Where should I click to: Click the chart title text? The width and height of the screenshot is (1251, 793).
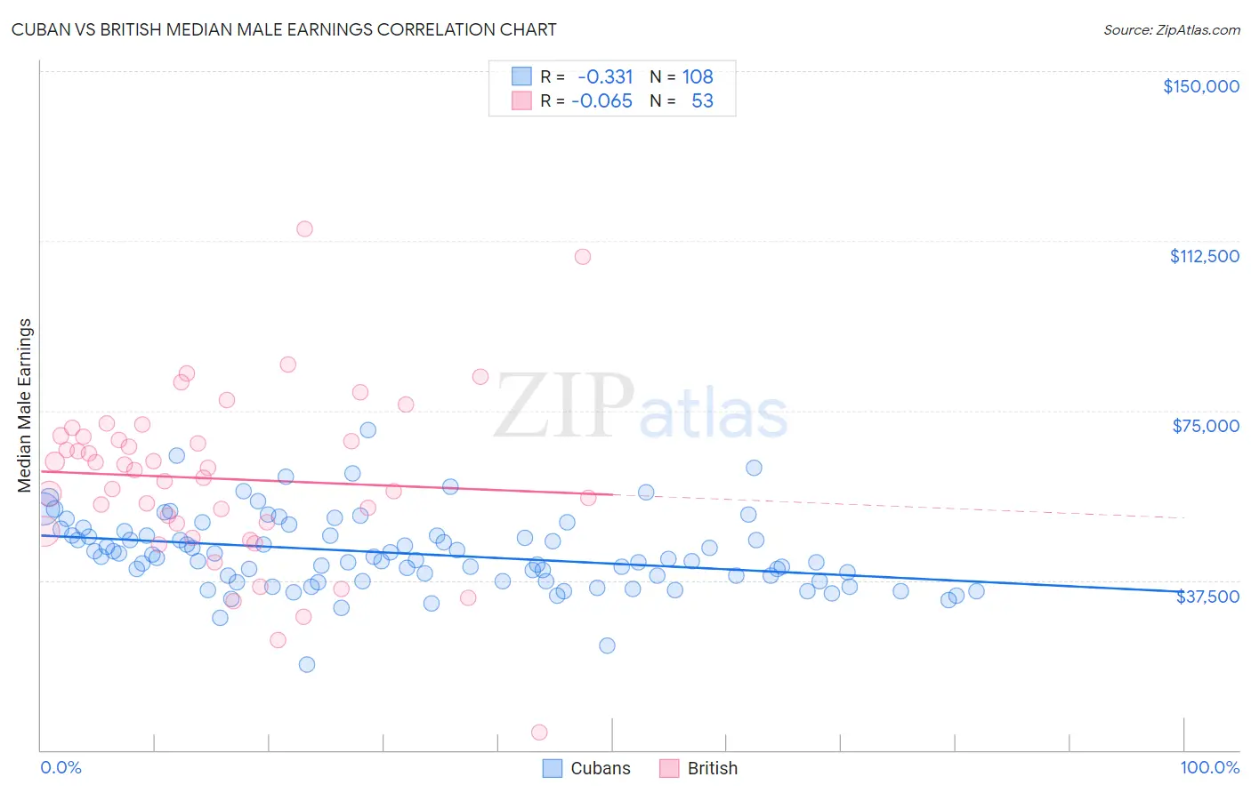pyautogui.click(x=284, y=29)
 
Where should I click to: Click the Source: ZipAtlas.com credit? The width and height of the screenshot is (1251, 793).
pyautogui.click(x=1171, y=29)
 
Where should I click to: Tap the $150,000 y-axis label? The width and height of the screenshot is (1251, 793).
pyautogui.click(x=1200, y=86)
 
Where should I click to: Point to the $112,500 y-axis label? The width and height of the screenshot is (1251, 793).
pyautogui.click(x=1204, y=256)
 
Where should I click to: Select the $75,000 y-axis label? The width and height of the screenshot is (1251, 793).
pyautogui.click(x=1206, y=426)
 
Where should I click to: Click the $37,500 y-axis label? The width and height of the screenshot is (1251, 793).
pyautogui.click(x=1207, y=597)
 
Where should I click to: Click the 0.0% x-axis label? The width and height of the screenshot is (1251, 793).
pyautogui.click(x=61, y=767)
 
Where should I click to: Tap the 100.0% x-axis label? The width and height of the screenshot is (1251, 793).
pyautogui.click(x=1209, y=767)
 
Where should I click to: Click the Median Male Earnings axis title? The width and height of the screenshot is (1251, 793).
pyautogui.click(x=25, y=405)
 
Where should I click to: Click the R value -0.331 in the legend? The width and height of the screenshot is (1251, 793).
pyautogui.click(x=605, y=76)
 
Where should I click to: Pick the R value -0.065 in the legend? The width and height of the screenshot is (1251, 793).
pyautogui.click(x=601, y=100)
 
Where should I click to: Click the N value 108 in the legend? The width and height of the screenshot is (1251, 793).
pyautogui.click(x=698, y=76)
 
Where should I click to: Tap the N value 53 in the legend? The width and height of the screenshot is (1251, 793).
pyautogui.click(x=702, y=100)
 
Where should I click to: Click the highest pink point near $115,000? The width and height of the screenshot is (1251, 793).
pyautogui.click(x=304, y=228)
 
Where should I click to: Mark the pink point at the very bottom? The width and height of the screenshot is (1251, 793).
pyautogui.click(x=538, y=733)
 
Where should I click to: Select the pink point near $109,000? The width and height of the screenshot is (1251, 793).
pyautogui.click(x=583, y=257)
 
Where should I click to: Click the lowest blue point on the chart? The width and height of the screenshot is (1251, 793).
pyautogui.click(x=307, y=664)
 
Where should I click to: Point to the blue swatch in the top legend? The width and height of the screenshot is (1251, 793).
pyautogui.click(x=521, y=76)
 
